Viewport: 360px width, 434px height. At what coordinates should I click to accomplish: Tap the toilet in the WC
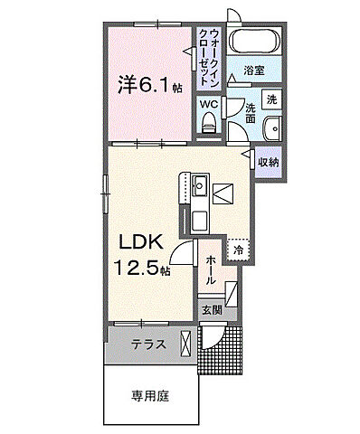point(208,125)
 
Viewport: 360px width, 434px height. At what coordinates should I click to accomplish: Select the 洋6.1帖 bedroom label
point(147,85)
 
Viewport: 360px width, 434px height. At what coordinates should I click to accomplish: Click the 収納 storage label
point(267,162)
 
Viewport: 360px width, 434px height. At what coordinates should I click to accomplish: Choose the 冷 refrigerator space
point(238,249)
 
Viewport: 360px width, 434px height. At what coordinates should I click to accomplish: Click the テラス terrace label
point(147,344)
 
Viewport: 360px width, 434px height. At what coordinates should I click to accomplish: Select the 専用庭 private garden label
point(148,395)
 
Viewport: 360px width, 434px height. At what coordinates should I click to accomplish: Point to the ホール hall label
point(210,269)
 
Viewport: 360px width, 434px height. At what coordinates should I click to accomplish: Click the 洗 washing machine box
point(270,99)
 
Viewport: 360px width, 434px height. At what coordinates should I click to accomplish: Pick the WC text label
point(208,103)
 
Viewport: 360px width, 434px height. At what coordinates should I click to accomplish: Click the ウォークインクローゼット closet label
point(209,56)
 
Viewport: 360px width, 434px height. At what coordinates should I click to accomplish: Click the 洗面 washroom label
point(250,112)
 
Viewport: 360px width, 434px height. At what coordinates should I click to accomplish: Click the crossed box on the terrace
point(186,344)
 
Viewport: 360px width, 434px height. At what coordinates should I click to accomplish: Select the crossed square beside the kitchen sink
point(223,192)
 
